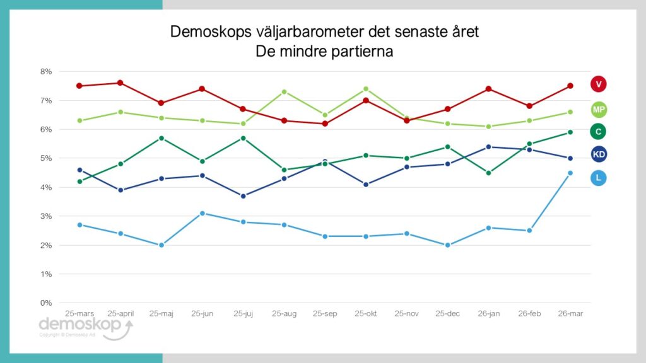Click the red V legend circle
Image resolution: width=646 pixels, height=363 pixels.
pos(599,84)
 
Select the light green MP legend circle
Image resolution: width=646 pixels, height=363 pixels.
pos(599,110)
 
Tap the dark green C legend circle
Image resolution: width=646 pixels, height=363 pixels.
pos(599,131)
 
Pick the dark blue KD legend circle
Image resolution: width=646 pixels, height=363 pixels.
pos(599,154)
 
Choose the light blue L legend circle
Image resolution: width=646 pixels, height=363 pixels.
pos(599,178)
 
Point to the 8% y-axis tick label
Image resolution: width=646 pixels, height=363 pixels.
pos(46,72)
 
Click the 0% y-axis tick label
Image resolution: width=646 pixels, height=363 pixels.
pos(46,303)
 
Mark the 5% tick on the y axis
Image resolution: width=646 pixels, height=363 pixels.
pos(46,159)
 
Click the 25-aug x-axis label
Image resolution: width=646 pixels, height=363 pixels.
pos(284,313)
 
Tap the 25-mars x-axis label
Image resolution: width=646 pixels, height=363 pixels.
pos(79,313)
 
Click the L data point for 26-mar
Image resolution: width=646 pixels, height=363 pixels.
pos(570,173)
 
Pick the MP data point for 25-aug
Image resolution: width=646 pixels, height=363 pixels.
pos(284,91)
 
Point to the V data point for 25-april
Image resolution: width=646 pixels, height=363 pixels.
pos(120,83)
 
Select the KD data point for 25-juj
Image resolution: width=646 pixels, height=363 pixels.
pos(243,196)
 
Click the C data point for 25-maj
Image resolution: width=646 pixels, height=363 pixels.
pos(161,138)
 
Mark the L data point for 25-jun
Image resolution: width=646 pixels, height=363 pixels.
pos(202,213)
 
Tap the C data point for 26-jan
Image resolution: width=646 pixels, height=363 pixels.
pos(488,173)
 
